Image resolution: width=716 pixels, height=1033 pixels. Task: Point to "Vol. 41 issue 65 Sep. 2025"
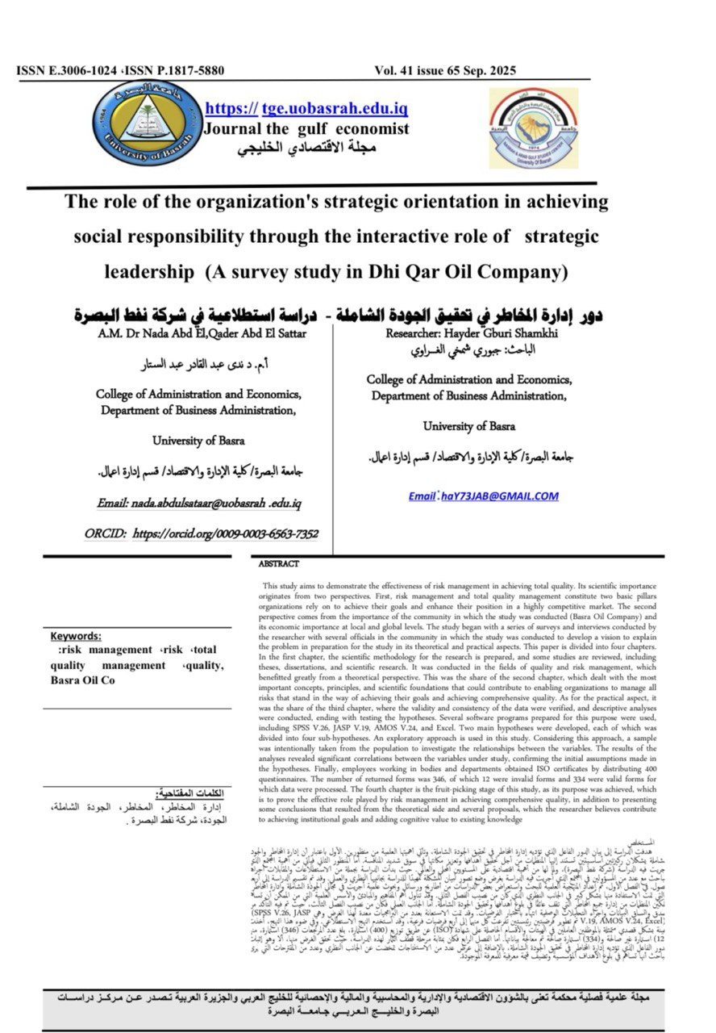click(445, 71)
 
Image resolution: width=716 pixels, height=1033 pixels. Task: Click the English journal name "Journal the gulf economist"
click(306, 128)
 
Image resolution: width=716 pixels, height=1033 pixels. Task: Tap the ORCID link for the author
click(202, 533)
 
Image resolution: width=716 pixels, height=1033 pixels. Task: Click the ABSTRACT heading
click(278, 564)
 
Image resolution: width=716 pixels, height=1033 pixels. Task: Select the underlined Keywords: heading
click(76, 636)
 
